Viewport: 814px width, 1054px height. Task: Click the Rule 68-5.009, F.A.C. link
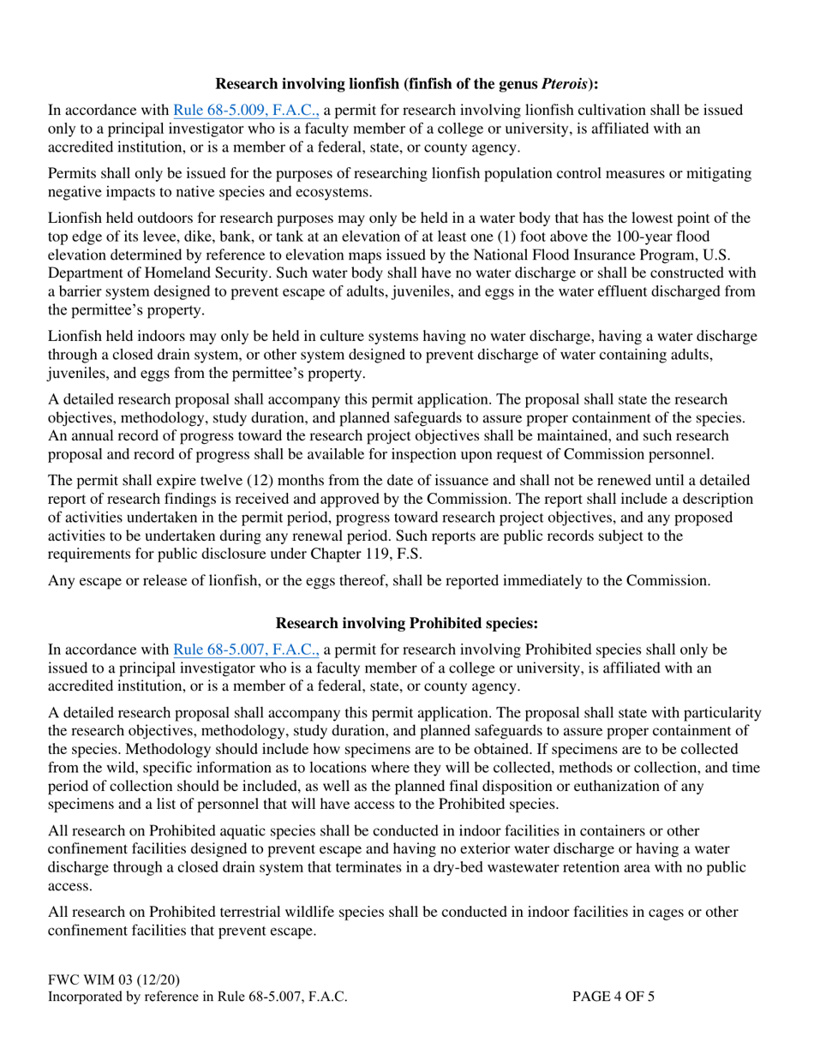pos(247,111)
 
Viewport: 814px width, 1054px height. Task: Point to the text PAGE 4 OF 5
pos(614,997)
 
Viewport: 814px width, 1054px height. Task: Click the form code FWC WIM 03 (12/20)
pos(114,979)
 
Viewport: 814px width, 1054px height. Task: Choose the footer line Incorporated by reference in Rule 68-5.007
pos(198,997)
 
